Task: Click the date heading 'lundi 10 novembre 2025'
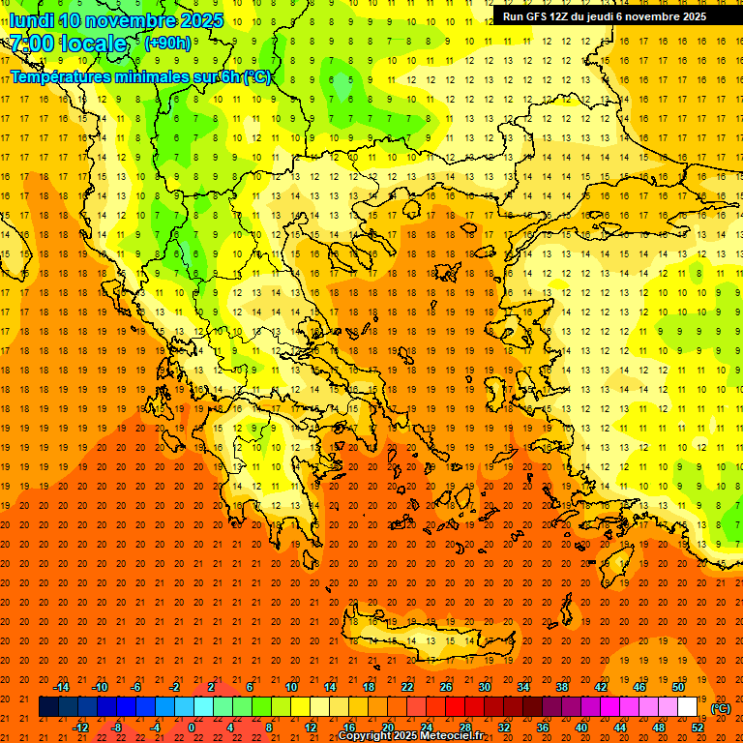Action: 116,20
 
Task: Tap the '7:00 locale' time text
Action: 69,44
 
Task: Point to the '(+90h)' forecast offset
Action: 167,44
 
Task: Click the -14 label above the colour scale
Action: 62,687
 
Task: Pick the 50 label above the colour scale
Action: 678,687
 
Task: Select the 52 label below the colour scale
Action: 698,728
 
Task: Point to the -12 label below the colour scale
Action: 81,728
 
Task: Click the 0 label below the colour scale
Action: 192,728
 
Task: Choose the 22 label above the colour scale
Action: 407,687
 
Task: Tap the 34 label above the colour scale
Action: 523,687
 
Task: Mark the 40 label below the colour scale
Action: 581,728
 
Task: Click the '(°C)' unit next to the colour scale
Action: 721,708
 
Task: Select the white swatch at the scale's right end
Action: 688,707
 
